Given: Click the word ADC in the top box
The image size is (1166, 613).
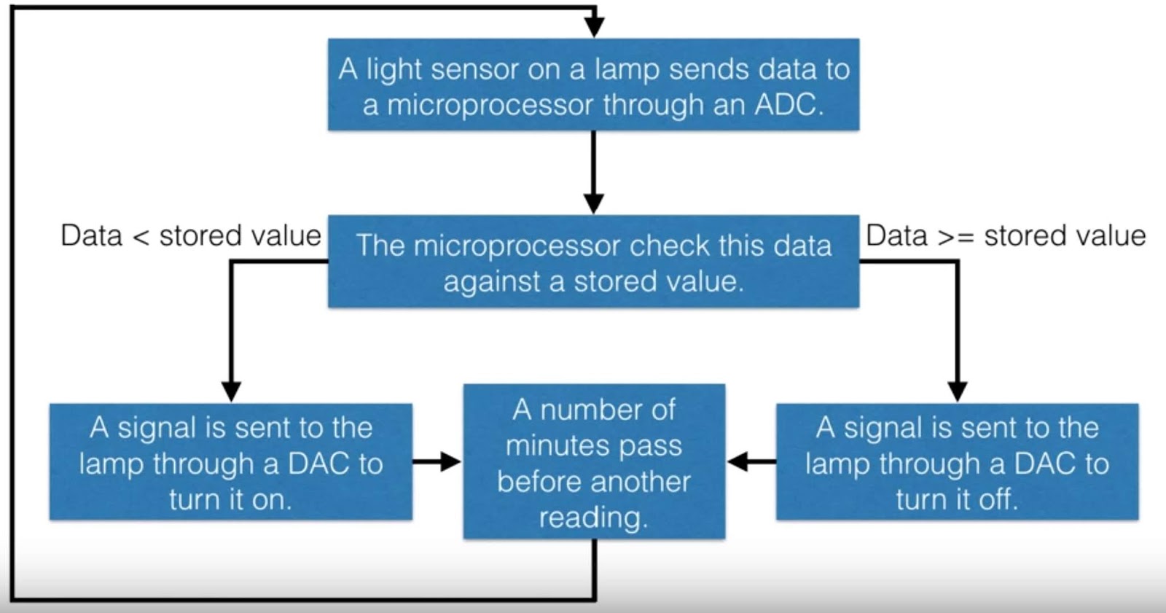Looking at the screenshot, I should (789, 105).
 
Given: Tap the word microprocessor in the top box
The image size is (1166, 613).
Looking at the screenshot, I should (489, 105).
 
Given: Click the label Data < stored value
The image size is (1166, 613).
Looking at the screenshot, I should (190, 235).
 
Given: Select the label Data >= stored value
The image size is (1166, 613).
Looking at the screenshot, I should (1006, 235).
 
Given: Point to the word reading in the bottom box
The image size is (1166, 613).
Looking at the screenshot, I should (593, 518).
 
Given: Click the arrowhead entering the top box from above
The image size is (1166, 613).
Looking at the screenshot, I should (595, 28).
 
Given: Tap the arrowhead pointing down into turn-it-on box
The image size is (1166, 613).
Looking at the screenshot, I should (231, 391).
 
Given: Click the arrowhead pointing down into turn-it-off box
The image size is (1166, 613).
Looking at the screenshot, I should (957, 391).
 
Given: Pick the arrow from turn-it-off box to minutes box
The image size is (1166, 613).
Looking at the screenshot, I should (751, 461).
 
